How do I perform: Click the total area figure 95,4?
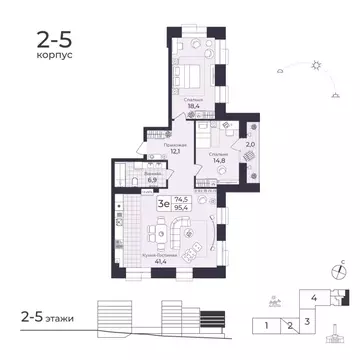pyautogui.click(x=180, y=209)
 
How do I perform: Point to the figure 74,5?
pyautogui.click(x=180, y=200)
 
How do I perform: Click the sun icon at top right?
pyautogui.click(x=318, y=65)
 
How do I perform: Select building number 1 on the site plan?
pyautogui.click(x=267, y=325)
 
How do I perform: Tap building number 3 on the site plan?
pyautogui.click(x=308, y=321)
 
